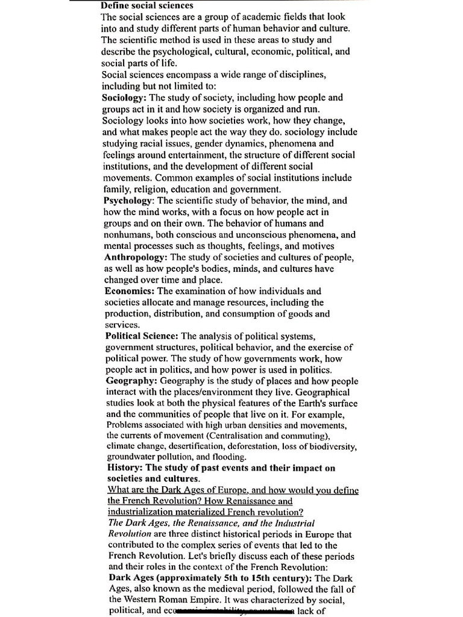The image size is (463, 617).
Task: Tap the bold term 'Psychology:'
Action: (128, 200)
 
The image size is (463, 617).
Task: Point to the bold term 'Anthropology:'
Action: (134, 257)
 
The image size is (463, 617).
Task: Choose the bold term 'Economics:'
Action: (129, 291)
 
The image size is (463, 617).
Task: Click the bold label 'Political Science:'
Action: (142, 336)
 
